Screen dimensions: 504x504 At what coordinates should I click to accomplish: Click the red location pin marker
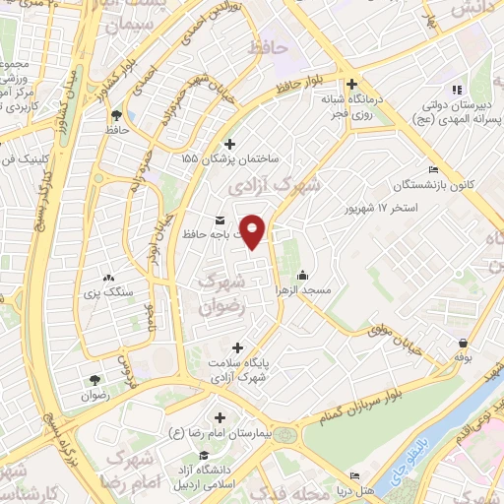click(254, 231)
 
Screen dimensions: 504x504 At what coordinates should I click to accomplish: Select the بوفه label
click(464, 358)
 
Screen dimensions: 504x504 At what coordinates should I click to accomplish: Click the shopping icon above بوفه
click(464, 343)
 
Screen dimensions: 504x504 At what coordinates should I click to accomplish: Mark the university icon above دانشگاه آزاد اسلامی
click(202, 455)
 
